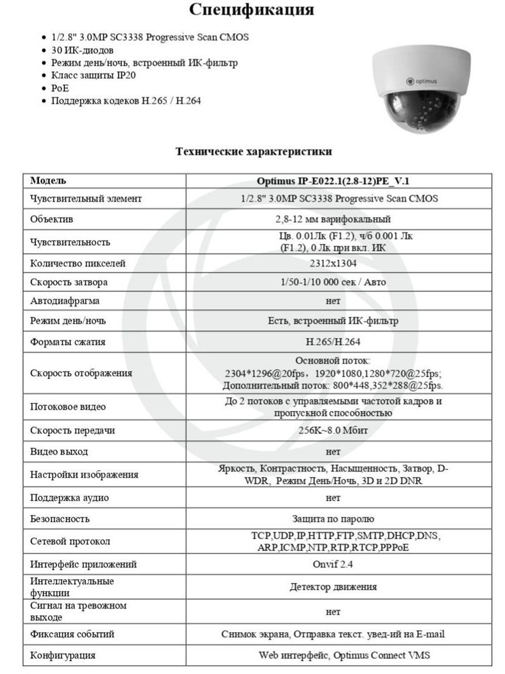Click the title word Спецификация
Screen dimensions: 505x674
[251, 10]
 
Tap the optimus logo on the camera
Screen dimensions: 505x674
[422, 81]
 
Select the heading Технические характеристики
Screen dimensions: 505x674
[254, 151]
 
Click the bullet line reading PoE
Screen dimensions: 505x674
[60, 88]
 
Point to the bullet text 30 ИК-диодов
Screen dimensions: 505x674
[82, 50]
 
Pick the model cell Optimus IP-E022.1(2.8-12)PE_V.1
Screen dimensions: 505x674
[333, 181]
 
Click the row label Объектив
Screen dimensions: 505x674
[52, 219]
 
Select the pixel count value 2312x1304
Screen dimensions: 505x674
[333, 263]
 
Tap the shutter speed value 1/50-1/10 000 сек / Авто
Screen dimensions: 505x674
[333, 282]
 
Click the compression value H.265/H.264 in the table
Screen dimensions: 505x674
[333, 342]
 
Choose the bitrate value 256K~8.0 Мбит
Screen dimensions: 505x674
[333, 430]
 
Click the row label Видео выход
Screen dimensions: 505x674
[59, 451]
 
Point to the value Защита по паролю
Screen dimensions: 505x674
[333, 519]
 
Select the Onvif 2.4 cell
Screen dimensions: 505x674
[333, 564]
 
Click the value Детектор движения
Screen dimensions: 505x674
[333, 587]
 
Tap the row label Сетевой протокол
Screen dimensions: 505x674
[70, 541]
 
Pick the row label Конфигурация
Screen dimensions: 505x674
[63, 655]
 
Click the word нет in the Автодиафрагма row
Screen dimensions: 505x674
[333, 301]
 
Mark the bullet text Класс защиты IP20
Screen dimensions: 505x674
[93, 75]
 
